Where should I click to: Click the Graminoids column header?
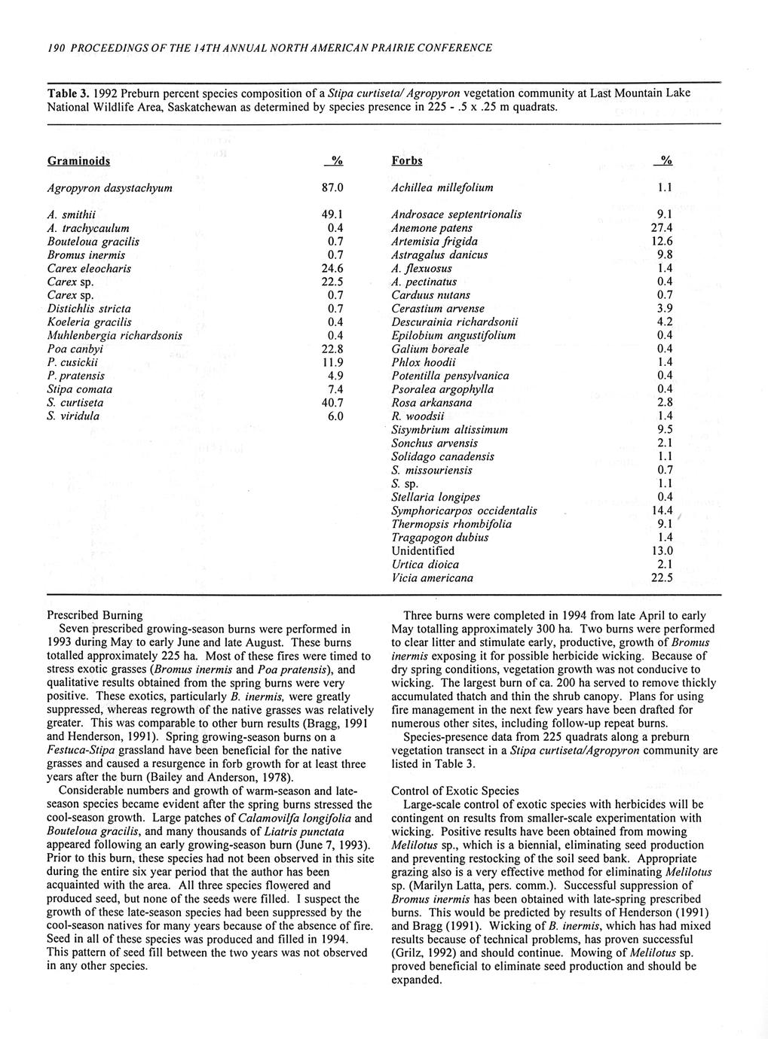[78, 160]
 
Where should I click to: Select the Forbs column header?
[407, 160]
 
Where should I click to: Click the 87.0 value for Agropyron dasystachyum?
[332, 187]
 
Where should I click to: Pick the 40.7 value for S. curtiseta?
[332, 403]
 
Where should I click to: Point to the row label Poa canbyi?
[75, 349]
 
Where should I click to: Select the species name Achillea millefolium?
[442, 187]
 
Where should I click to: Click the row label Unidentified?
[425, 551]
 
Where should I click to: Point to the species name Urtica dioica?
[425, 565]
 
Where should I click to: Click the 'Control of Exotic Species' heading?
[455, 791]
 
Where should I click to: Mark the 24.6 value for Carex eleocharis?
[332, 269]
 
